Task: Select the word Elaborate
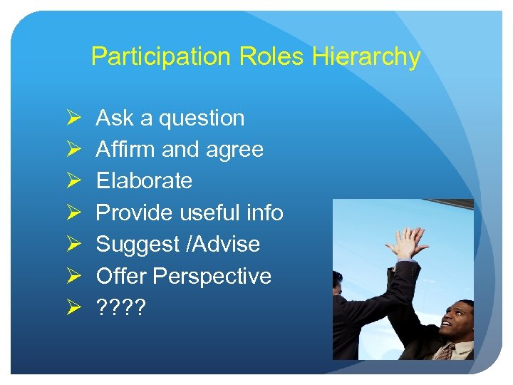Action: tap(144, 181)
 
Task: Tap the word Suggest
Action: tap(136, 245)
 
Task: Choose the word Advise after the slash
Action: tap(226, 244)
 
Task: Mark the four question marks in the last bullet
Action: tap(120, 307)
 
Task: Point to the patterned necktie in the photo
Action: tap(446, 351)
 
